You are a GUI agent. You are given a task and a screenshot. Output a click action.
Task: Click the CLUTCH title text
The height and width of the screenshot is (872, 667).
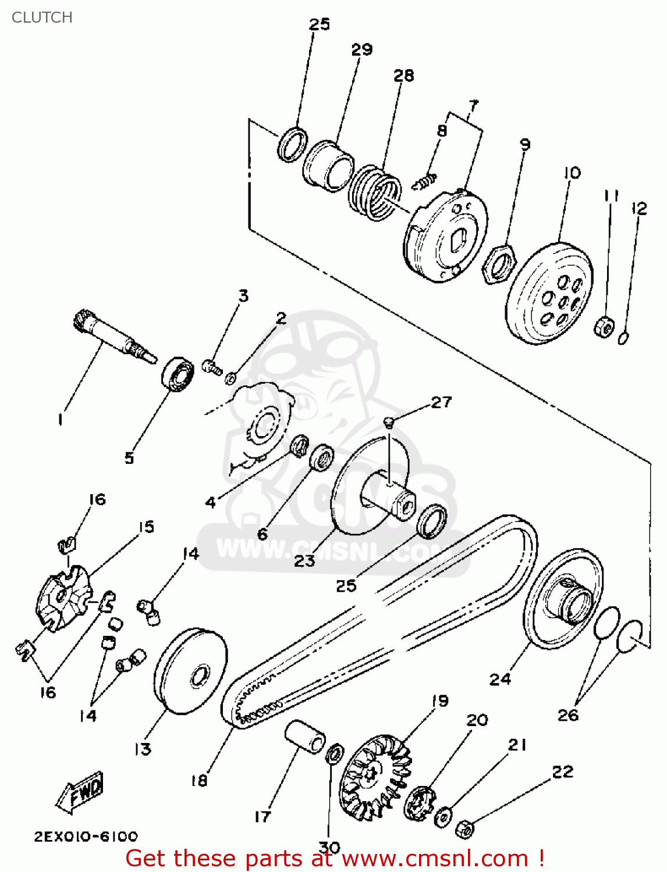(x=42, y=17)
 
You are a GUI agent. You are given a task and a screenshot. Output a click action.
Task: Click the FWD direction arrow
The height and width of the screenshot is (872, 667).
(x=81, y=792)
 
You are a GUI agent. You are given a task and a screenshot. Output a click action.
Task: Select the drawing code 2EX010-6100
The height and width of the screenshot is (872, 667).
(x=86, y=837)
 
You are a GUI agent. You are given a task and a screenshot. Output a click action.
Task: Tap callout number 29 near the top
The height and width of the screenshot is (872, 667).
(x=361, y=49)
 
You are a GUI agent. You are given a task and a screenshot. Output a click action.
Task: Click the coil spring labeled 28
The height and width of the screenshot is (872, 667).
(x=375, y=192)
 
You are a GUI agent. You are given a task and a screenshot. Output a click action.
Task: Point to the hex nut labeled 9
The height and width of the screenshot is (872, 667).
(x=499, y=263)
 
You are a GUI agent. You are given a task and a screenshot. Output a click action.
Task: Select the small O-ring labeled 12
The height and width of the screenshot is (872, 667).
(x=623, y=338)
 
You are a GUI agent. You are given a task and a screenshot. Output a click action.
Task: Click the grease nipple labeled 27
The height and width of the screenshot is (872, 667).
(x=389, y=420)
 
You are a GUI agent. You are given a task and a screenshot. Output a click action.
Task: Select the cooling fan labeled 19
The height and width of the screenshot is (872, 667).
(x=375, y=776)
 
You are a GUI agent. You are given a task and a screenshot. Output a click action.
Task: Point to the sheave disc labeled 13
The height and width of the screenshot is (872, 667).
(x=190, y=671)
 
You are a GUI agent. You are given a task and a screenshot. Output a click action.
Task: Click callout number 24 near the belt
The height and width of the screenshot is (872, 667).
(x=499, y=679)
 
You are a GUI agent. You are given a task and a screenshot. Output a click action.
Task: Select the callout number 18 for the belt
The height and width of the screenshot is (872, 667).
(x=199, y=781)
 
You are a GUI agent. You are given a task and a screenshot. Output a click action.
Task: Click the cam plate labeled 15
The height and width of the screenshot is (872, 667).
(x=64, y=599)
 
